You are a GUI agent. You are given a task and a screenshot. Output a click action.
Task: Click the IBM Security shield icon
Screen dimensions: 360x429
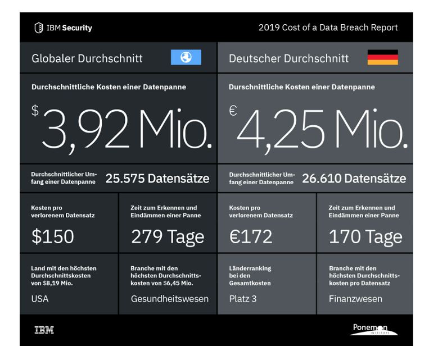point(39,28)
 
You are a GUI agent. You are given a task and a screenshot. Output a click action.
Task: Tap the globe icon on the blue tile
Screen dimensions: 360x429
point(186,57)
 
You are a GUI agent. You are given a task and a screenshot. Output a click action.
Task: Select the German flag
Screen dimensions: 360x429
point(382,57)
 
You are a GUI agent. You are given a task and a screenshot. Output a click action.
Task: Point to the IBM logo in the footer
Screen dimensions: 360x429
point(44,330)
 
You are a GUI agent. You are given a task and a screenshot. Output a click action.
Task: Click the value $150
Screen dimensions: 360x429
point(52,236)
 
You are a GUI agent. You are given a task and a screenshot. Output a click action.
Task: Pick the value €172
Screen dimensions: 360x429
point(251,236)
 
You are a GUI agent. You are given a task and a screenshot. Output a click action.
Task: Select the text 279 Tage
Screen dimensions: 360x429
point(168,236)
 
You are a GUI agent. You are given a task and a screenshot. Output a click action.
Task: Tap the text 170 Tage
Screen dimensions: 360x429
point(365,236)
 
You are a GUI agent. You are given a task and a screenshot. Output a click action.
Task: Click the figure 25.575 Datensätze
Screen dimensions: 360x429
point(157,179)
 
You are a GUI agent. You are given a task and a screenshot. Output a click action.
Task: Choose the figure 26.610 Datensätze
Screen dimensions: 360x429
point(354,179)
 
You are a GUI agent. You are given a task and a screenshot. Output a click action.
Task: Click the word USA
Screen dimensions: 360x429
point(40,299)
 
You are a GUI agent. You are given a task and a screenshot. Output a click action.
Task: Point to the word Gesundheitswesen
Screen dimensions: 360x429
point(170,299)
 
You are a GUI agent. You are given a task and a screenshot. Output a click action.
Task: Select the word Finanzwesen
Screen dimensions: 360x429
point(355,299)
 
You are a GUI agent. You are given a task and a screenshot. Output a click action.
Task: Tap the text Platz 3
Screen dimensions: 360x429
point(243,299)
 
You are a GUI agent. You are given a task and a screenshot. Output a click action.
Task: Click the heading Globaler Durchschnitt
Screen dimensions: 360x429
point(87,58)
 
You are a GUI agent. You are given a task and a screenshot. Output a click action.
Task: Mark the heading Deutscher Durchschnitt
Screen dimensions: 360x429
point(289,58)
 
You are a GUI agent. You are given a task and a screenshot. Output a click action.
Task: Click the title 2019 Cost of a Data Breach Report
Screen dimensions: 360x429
point(328,28)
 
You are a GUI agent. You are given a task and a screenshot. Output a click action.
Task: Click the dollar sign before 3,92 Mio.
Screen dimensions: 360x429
point(35,111)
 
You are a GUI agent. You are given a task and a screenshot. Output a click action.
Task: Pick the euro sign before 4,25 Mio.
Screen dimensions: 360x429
point(233,111)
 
